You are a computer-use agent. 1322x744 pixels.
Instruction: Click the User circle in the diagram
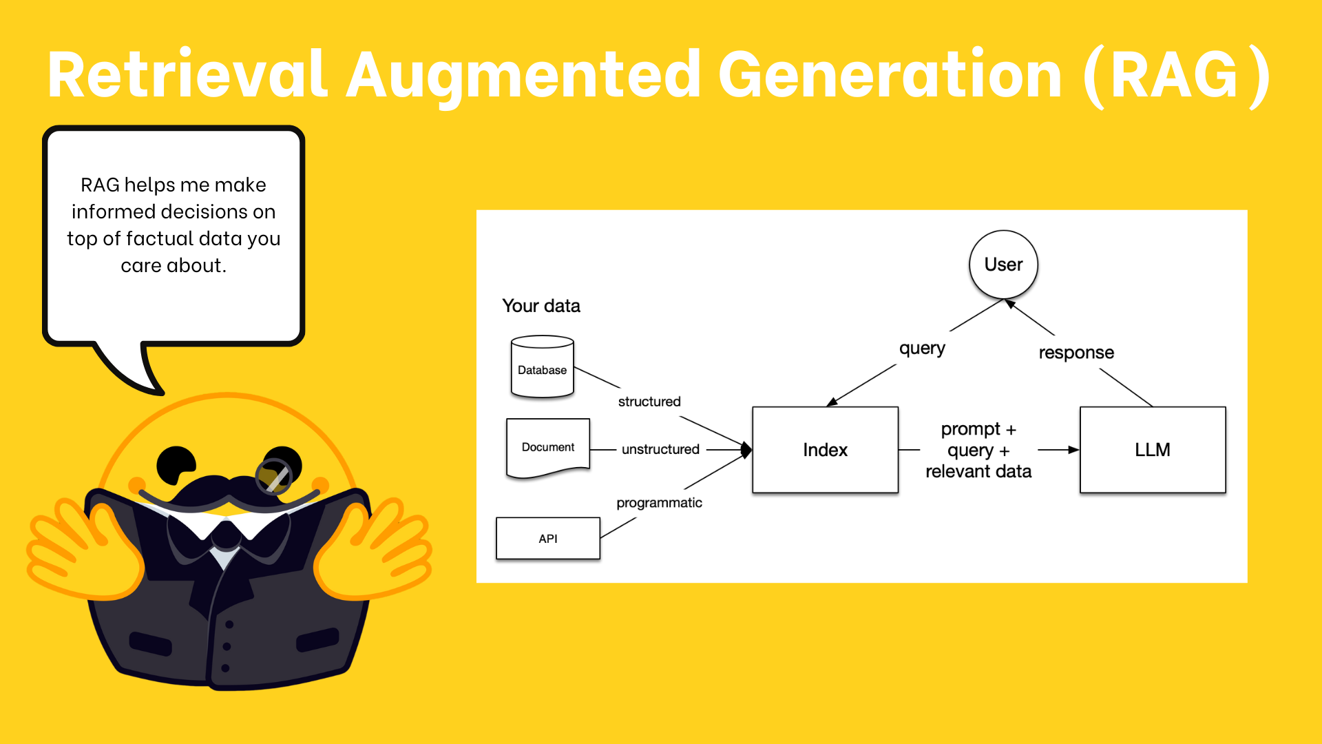coord(1003,265)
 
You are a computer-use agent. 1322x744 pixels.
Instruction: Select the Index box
coord(825,450)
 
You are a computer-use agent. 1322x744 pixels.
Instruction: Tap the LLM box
coord(1153,450)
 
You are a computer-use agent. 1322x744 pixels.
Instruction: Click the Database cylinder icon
coord(543,366)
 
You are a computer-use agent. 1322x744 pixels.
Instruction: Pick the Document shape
coord(548,448)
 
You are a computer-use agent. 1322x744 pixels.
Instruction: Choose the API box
coord(548,538)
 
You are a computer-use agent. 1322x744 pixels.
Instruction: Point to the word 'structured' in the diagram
coord(649,402)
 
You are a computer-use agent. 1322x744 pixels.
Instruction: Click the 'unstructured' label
coord(660,449)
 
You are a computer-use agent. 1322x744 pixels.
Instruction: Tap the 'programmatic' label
coord(659,503)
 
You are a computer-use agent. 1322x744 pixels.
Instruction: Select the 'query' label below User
coord(922,349)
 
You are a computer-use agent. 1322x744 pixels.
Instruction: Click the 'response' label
coord(1076,353)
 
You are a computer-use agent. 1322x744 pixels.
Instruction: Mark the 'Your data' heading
coord(541,306)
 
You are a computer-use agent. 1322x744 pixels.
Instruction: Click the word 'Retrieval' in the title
coord(188,74)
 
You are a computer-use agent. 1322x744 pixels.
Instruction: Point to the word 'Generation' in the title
coord(890,74)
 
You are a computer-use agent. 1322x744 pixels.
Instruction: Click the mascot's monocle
coord(274,477)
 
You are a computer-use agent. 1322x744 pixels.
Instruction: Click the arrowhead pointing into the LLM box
coord(1073,450)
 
